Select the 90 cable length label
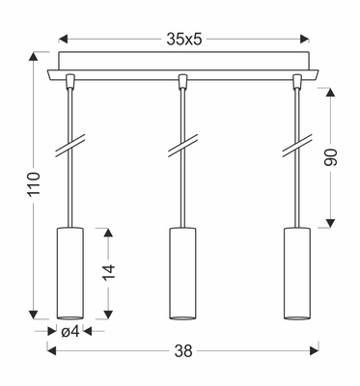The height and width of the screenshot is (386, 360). pyautogui.click(x=334, y=157)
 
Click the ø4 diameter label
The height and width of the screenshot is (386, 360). pyautogui.click(x=69, y=332)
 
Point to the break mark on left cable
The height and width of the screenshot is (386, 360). pyautogui.click(x=68, y=148)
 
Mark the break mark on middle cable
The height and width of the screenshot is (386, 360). pyautogui.click(x=180, y=148)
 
